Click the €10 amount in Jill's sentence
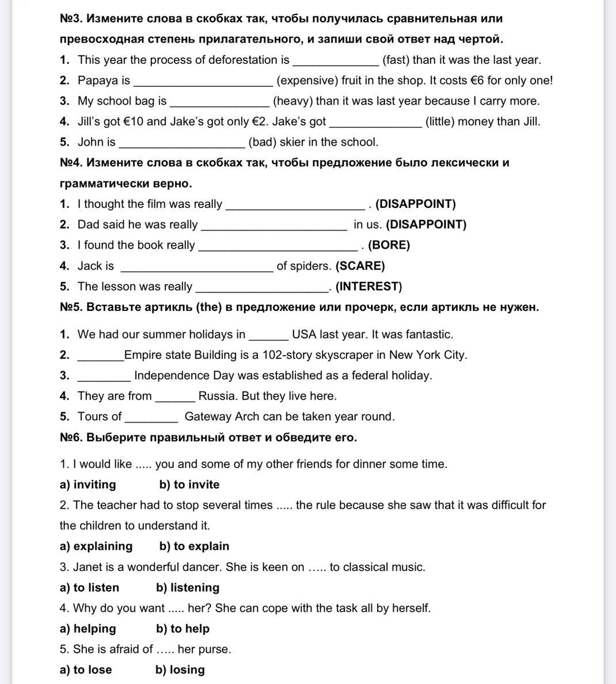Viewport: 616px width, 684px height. (x=133, y=121)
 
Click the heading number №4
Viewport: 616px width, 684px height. (x=71, y=163)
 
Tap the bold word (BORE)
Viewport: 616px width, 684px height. (x=389, y=245)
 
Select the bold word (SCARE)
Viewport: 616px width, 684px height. (x=360, y=266)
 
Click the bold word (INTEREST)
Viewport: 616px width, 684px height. (x=369, y=287)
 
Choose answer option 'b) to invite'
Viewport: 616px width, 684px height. (x=189, y=485)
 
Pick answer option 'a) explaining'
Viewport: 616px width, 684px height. (x=96, y=546)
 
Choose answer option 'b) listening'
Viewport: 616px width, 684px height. (x=188, y=588)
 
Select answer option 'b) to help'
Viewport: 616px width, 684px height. (x=182, y=629)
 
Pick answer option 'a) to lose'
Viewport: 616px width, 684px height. (x=86, y=670)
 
